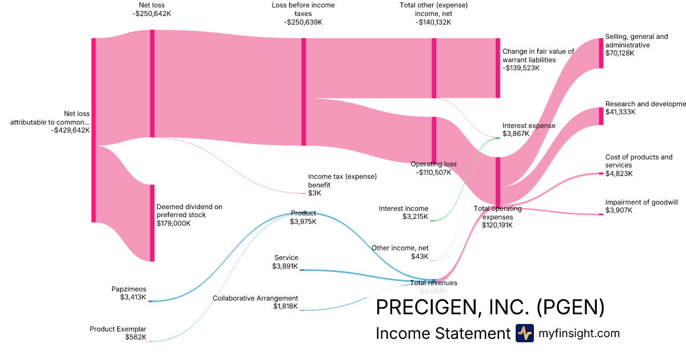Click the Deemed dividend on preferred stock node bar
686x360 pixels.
click(152, 223)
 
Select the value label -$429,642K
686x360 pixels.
click(70, 130)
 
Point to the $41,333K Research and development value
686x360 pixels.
click(619, 112)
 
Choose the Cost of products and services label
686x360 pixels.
click(639, 161)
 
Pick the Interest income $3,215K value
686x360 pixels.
click(415, 217)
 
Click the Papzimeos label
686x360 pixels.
click(129, 289)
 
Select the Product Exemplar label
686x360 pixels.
click(118, 329)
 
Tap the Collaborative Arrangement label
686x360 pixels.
click(256, 298)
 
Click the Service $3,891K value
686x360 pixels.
click(285, 266)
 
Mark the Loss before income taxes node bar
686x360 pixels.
click(304, 91)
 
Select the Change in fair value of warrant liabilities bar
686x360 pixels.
click(497, 68)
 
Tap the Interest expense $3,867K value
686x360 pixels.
click(516, 134)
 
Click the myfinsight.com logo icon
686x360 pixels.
click(524, 333)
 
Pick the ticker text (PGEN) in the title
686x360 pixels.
click(571, 307)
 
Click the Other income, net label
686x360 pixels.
click(400, 248)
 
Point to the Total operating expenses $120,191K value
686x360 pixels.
click(497, 225)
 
